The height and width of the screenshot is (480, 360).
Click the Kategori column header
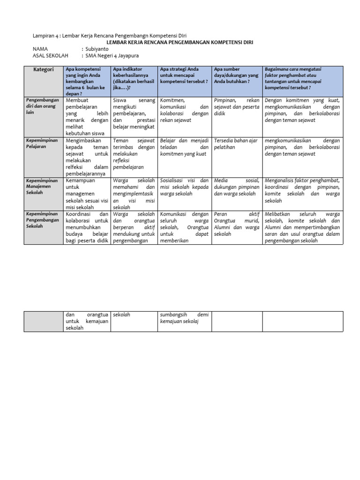click(44, 69)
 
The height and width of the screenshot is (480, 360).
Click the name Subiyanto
click(97, 49)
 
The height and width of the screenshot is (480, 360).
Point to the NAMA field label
click(40, 49)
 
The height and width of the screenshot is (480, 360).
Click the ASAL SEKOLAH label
click(47, 55)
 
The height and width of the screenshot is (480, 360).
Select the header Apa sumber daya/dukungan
click(236, 75)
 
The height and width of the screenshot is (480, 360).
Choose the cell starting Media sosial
click(236, 187)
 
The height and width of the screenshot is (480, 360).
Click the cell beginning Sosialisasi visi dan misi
click(184, 187)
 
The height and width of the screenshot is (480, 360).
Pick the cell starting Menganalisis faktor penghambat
click(302, 190)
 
